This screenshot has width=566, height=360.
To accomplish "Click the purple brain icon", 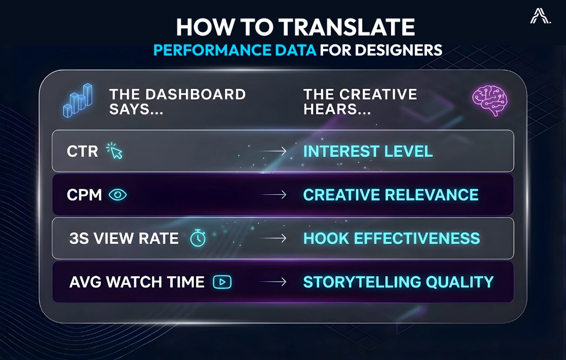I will (489, 100).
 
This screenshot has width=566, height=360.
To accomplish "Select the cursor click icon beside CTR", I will (114, 151).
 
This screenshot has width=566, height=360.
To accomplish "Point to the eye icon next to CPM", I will (117, 195).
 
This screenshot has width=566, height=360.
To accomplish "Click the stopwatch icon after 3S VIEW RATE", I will (198, 238).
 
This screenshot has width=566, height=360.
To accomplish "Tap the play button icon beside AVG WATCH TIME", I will (222, 282).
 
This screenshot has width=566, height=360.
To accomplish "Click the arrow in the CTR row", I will (272, 151).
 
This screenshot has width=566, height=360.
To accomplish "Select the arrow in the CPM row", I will (272, 195).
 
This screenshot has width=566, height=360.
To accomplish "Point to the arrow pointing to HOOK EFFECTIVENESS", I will (272, 239).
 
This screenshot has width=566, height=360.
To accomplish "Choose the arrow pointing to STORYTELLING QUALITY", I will (272, 282).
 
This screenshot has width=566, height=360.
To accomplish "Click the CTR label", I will (82, 152).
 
